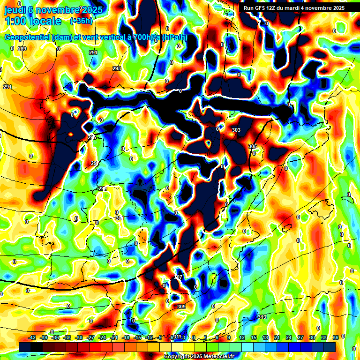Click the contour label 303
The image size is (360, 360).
(236, 130)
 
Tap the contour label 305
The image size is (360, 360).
(253, 147)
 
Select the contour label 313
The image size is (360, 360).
(262, 317)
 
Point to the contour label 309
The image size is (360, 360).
(181, 307)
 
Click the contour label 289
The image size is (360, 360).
(22, 49)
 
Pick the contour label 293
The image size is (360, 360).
(117, 68)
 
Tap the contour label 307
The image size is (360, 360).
(178, 277)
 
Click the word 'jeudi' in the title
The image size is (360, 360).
(15, 10)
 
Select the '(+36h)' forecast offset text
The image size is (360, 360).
(81, 21)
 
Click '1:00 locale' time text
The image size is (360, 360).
(33, 21)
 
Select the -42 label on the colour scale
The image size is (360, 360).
(32, 337)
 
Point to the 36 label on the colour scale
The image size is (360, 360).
(335, 337)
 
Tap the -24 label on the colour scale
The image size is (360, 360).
(102, 337)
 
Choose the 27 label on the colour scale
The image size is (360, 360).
(300, 337)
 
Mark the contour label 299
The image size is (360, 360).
(103, 188)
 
